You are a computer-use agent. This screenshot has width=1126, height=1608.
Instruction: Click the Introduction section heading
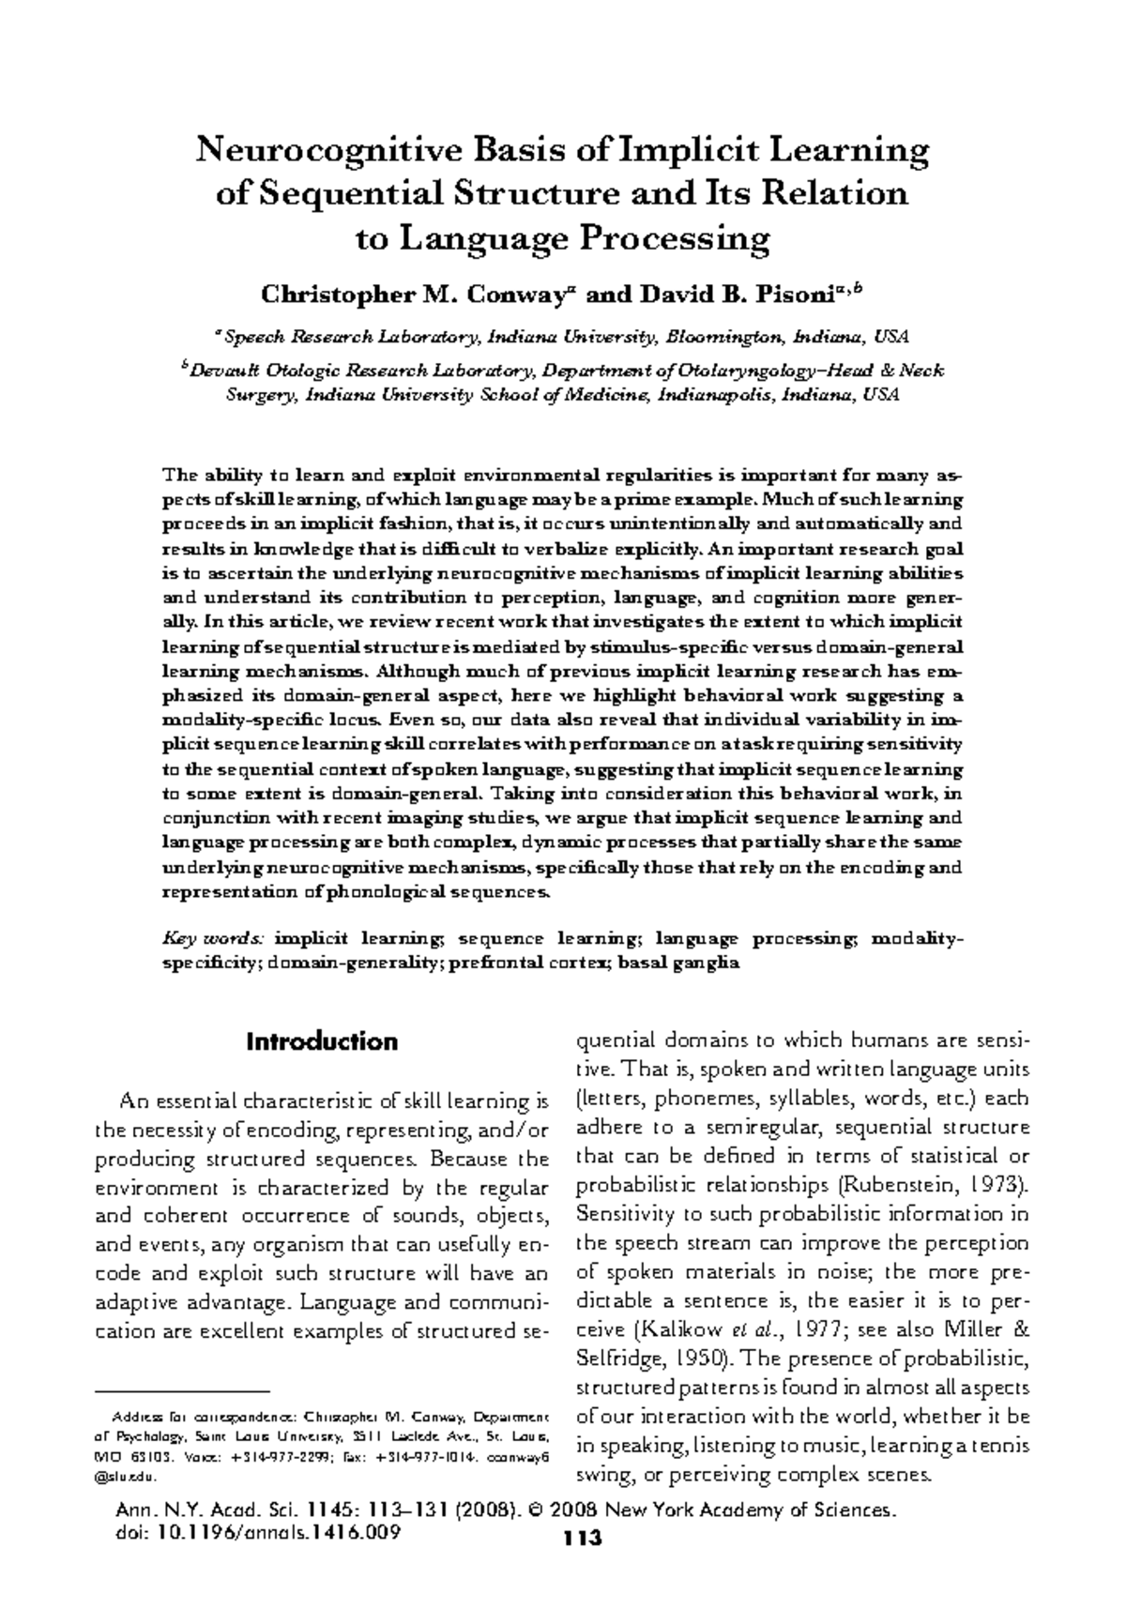pos(321,1042)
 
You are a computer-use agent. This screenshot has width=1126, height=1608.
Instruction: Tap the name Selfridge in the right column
pos(614,1358)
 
